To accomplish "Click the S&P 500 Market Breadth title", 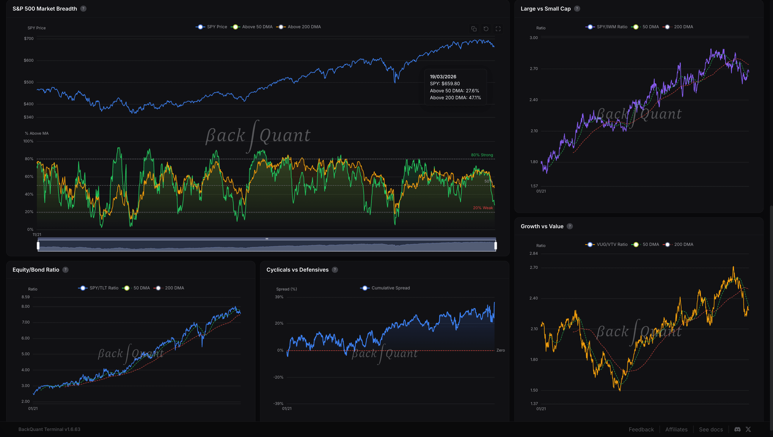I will [45, 9].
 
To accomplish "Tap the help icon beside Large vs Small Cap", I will [577, 9].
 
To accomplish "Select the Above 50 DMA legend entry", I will [252, 27].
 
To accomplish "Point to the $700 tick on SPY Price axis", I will [29, 38].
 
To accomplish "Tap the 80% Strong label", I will [482, 155].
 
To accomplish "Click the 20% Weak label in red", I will [483, 208].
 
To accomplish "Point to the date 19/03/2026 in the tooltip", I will [443, 77].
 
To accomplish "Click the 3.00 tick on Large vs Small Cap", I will [534, 38].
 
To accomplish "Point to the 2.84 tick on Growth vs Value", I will [534, 253].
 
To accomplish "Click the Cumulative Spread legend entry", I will [385, 288].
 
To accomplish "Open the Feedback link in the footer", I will [641, 429].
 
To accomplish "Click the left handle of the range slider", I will [38, 246].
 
